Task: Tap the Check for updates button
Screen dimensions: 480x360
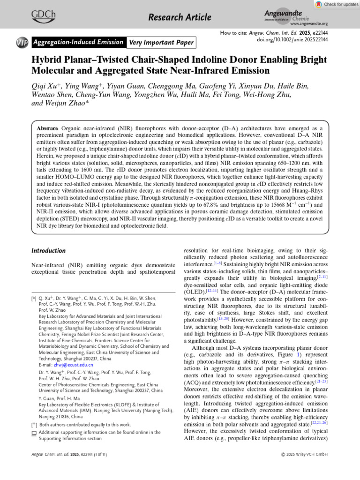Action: pyautogui.click(x=335, y=4)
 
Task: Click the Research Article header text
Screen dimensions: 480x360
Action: pyautogui.click(x=180, y=18)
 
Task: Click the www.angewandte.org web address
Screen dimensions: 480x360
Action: pyautogui.click(x=309, y=23)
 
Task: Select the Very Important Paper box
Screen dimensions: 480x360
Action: pyautogui.click(x=160, y=43)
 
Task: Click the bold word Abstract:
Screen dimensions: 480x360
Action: pyautogui.click(x=48, y=128)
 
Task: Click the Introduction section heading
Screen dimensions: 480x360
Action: pyautogui.click(x=48, y=251)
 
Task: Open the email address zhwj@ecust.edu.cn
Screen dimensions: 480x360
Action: pyautogui.click(x=66, y=364)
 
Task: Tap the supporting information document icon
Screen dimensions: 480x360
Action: pyautogui.click(x=34, y=433)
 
